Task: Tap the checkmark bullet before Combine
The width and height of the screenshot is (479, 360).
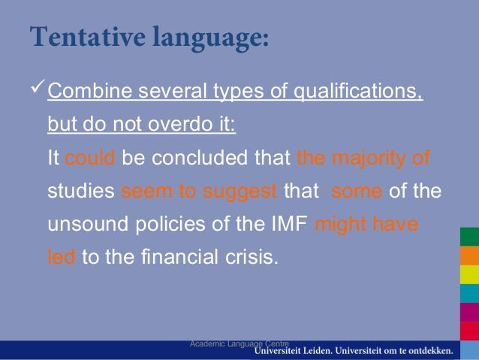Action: click(38, 91)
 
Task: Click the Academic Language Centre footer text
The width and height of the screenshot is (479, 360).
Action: click(239, 343)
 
